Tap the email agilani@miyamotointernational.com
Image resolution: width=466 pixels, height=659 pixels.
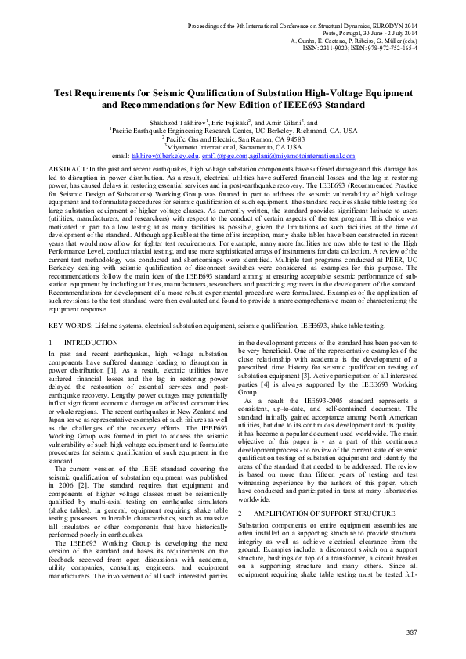coord(300,157)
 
